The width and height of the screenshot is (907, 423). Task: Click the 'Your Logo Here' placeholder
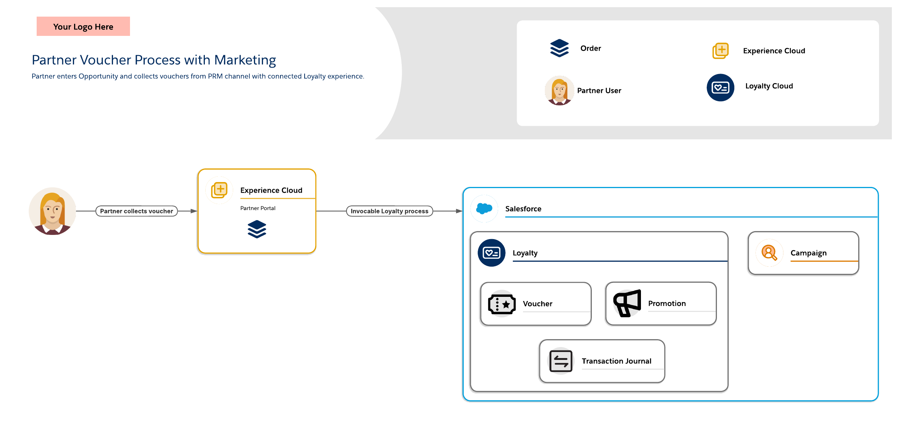pyautogui.click(x=83, y=26)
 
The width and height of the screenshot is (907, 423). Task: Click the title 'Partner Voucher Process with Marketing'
pyautogui.click(x=154, y=60)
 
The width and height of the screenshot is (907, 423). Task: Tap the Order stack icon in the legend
pyautogui.click(x=559, y=48)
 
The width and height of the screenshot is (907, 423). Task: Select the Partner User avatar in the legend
pyautogui.click(x=559, y=91)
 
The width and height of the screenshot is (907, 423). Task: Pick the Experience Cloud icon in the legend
pyautogui.click(x=721, y=51)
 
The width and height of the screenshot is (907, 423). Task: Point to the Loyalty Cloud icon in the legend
pyautogui.click(x=720, y=88)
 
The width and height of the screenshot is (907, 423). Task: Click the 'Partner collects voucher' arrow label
pyautogui.click(x=136, y=211)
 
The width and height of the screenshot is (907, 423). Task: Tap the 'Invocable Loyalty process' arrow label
pyautogui.click(x=389, y=211)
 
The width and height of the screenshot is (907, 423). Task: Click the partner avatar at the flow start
pyautogui.click(x=53, y=211)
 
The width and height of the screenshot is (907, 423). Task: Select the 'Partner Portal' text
pyautogui.click(x=258, y=208)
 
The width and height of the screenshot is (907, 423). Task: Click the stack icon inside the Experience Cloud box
pyautogui.click(x=257, y=229)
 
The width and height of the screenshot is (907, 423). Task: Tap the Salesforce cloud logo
pyautogui.click(x=484, y=208)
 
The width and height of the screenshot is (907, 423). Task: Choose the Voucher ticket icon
pyautogui.click(x=502, y=304)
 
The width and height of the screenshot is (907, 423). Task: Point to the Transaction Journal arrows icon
pyautogui.click(x=561, y=361)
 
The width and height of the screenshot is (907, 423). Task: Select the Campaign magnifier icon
pyautogui.click(x=769, y=253)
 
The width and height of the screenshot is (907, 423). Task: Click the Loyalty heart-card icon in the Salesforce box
pyautogui.click(x=491, y=253)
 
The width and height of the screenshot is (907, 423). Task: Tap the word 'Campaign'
pyautogui.click(x=808, y=253)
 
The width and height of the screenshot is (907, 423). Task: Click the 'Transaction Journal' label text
pyautogui.click(x=616, y=361)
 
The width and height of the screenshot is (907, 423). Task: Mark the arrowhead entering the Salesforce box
pyautogui.click(x=460, y=211)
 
